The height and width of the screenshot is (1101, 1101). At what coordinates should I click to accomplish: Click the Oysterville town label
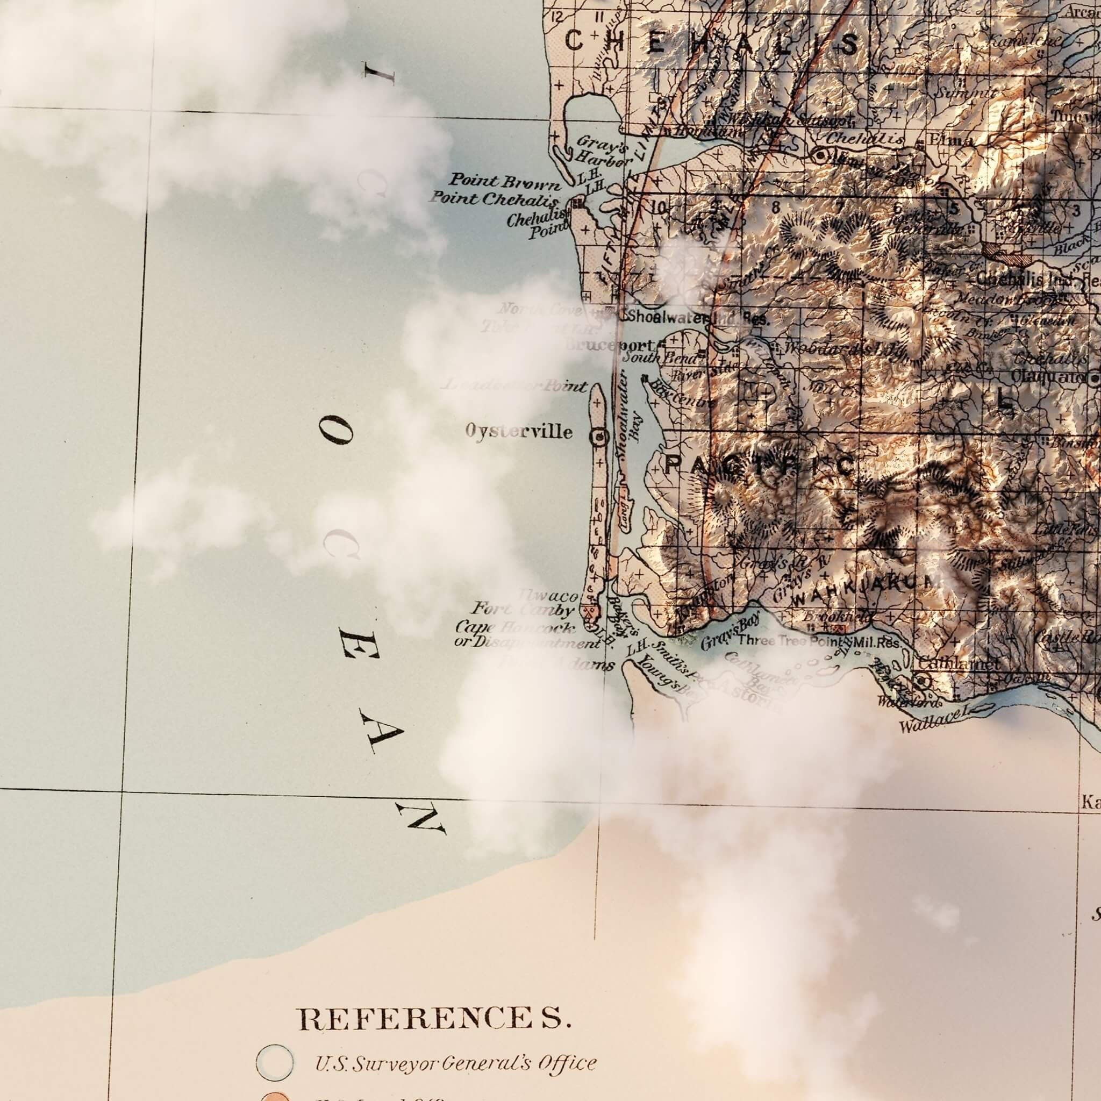(x=519, y=431)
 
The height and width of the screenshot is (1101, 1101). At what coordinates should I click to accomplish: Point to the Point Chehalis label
(x=494, y=199)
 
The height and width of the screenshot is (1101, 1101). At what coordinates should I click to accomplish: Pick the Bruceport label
(x=609, y=345)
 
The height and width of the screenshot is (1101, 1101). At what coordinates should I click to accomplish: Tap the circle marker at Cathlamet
(x=923, y=680)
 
